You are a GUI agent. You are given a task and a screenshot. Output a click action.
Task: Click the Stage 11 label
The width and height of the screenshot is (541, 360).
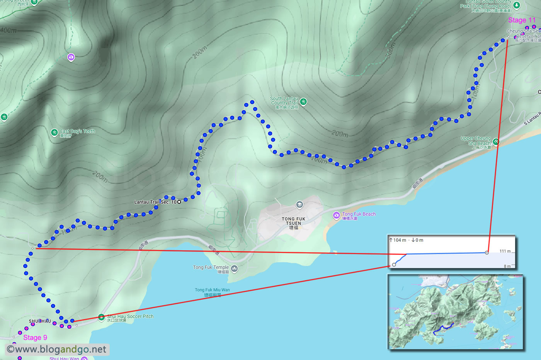click(522, 20)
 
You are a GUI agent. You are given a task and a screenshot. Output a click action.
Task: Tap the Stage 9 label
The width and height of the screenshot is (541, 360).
click(35, 338)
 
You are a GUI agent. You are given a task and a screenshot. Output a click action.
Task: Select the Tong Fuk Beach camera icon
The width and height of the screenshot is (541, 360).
click(336, 215)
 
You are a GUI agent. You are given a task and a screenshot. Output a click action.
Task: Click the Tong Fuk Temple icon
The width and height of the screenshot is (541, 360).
click(234, 268)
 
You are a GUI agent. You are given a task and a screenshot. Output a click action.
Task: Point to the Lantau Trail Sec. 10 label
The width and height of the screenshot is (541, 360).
click(155, 202)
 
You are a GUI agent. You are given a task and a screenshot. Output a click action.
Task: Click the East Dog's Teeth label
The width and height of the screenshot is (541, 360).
click(77, 131)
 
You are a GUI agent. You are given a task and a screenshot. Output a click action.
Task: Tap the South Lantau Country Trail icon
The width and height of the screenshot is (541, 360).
click(303, 102)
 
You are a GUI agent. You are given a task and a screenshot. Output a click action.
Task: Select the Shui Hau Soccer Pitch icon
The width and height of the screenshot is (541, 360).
click(101, 318)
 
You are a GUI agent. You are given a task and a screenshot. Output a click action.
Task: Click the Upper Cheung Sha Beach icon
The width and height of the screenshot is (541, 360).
click(496, 142)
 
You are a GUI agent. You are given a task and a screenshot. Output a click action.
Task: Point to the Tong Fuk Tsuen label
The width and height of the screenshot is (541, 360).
click(293, 221)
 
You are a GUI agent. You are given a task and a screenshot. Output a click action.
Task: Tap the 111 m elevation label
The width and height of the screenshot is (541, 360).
click(505, 251)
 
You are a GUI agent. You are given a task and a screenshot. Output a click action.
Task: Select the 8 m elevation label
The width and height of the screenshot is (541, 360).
click(507, 266)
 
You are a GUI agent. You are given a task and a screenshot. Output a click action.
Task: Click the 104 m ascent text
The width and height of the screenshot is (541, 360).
click(398, 240)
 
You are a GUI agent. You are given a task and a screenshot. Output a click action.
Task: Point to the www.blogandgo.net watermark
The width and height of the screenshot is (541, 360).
click(57, 350)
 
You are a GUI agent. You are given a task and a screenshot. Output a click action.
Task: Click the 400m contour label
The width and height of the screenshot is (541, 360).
click(9, 30)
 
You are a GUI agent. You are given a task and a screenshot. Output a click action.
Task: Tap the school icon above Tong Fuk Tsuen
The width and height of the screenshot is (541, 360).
click(299, 204)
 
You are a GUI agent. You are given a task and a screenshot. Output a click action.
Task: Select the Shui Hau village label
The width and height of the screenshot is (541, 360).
click(40, 321)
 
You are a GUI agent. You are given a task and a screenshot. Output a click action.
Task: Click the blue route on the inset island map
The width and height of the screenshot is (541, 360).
click(443, 329)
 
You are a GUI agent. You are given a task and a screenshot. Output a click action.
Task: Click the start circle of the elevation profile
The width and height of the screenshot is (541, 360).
click(394, 265)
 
